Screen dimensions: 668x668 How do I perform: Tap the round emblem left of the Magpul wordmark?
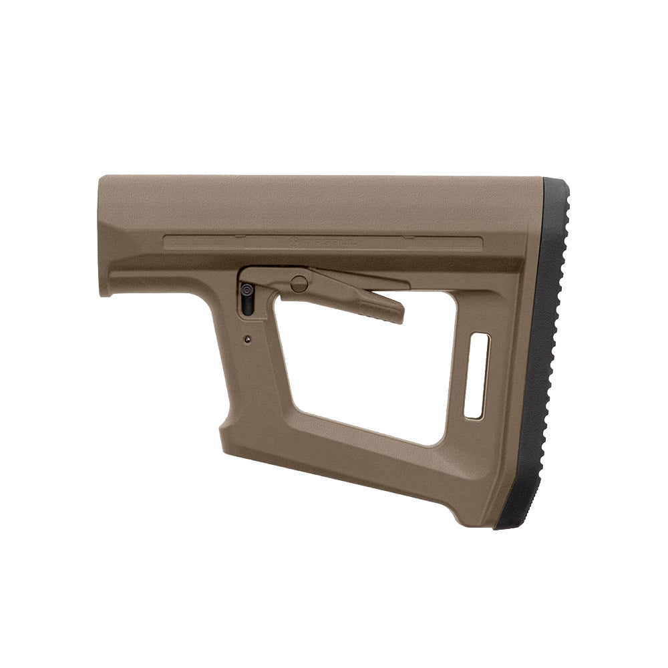[297, 240]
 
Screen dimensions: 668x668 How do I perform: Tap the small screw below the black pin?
[247, 338]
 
